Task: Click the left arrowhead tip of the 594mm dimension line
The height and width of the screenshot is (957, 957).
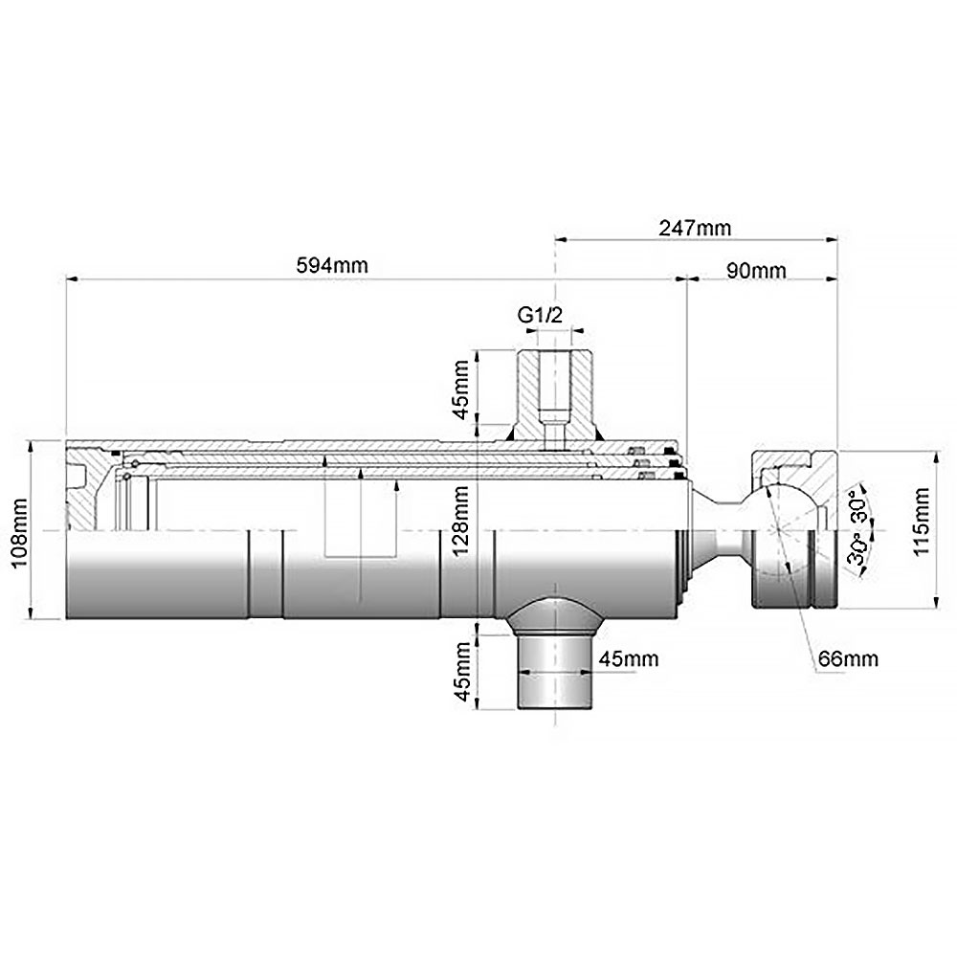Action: tap(66, 279)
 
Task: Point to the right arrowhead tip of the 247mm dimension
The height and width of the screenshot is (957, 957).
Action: tap(837, 240)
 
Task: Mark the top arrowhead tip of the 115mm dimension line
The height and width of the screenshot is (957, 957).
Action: tap(935, 451)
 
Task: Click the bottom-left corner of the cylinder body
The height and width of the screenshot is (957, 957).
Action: tap(66, 619)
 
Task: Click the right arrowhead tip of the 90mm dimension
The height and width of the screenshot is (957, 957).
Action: tap(837, 279)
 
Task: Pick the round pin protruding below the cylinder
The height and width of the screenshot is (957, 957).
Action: tap(555, 672)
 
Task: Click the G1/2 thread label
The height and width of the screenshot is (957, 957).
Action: tap(540, 316)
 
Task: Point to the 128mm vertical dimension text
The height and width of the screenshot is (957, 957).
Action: tap(460, 520)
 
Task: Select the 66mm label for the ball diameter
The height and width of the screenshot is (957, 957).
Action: tap(848, 658)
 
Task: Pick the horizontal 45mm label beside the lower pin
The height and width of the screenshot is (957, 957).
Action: tap(629, 658)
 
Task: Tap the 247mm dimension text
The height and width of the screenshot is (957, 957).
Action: tap(695, 228)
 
